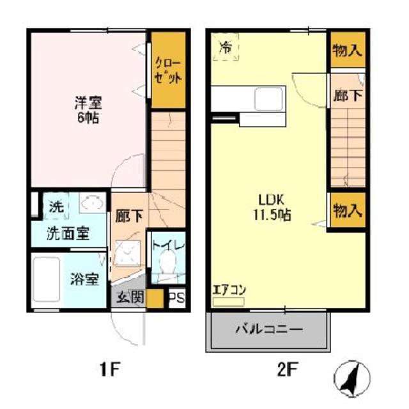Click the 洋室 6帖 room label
coord(88,110)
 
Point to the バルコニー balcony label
coord(268,330)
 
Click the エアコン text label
coord(229,289)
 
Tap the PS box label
coord(176,298)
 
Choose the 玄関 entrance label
coord(130,298)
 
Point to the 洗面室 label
coord(67,234)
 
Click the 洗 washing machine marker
coord(56,207)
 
